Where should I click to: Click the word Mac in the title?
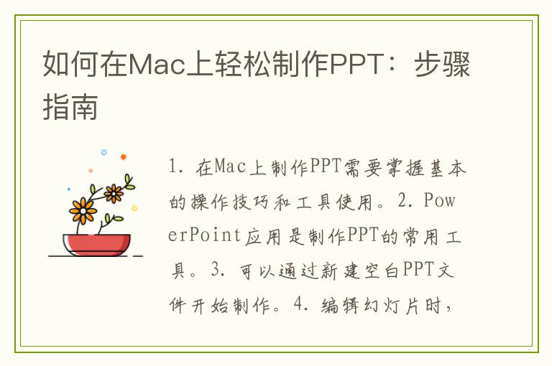(157, 65)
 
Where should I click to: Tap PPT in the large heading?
(356, 65)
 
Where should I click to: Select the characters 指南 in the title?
(70, 106)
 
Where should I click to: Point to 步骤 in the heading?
(442, 65)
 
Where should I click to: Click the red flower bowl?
(96, 245)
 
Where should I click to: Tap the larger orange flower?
(83, 210)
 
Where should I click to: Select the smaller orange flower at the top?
(114, 193)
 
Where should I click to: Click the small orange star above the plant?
(123, 157)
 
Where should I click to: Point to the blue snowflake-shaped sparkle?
(103, 152)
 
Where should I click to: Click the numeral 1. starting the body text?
(175, 166)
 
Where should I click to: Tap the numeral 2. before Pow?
(406, 200)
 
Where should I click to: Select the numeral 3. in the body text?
(219, 270)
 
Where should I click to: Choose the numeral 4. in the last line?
(302, 304)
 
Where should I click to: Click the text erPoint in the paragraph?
(204, 235)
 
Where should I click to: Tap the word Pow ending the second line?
(440, 200)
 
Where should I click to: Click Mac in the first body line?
(230, 166)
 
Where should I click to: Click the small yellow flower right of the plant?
(134, 208)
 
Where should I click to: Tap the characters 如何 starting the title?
(71, 65)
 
